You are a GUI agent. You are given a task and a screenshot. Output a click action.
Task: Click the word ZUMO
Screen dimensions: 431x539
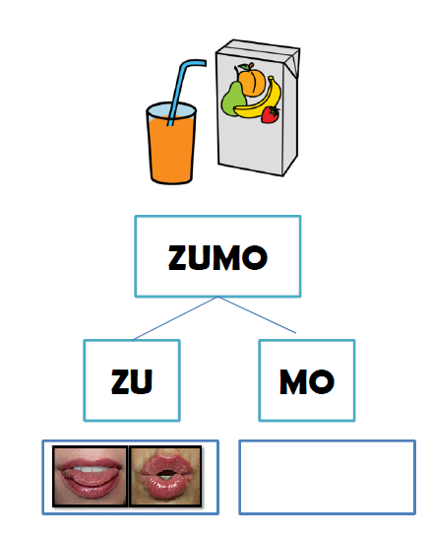point(217,257)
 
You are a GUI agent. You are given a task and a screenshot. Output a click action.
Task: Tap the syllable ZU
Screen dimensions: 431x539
point(132,381)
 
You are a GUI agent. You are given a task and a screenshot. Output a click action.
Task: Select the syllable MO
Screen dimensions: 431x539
point(307,381)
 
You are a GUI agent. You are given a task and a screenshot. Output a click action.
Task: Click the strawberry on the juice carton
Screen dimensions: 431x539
point(271,114)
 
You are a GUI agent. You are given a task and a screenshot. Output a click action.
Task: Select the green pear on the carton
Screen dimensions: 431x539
point(233,99)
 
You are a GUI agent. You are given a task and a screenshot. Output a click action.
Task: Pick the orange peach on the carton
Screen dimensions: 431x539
point(251,80)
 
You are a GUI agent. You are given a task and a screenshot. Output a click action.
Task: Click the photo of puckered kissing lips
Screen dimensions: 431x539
point(165,476)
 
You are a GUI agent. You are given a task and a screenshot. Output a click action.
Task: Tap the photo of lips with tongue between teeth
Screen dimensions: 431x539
point(91,476)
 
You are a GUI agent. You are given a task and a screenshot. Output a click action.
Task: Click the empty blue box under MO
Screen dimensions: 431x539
point(327,477)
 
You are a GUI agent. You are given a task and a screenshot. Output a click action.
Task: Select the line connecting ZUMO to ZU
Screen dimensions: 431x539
point(175,318)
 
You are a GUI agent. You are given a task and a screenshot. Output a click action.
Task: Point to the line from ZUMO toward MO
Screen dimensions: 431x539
point(257,315)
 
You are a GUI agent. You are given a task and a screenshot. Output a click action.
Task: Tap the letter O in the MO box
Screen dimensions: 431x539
point(322,381)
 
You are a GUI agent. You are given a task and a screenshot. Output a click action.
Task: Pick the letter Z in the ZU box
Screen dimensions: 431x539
point(120,381)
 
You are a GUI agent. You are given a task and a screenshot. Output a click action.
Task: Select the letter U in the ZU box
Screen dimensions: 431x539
point(142,381)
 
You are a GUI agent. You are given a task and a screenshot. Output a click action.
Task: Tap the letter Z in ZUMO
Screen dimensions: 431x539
point(177,257)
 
